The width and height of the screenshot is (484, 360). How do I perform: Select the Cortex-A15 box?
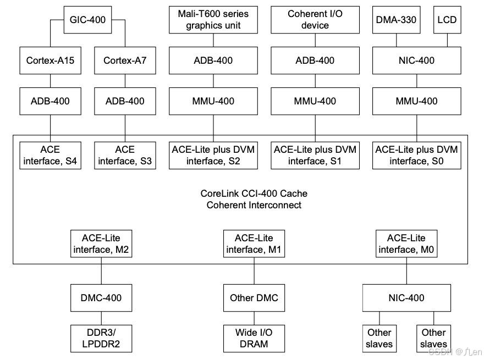coord(50,60)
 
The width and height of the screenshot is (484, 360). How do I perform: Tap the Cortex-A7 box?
coord(124,60)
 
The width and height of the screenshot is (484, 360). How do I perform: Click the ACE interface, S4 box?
coord(50,155)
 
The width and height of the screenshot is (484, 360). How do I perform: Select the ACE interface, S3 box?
coord(124,155)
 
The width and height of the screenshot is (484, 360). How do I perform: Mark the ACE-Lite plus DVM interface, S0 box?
coord(416,155)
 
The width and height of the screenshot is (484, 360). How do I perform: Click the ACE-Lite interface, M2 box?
coord(101,243)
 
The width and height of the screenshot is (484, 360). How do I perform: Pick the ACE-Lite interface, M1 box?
coord(254,243)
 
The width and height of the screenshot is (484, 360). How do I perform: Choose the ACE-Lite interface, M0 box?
coord(406,243)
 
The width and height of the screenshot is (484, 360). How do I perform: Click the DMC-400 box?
coord(101,298)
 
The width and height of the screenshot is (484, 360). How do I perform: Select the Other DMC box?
coord(254,298)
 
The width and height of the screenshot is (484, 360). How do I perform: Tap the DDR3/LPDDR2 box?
coord(101,338)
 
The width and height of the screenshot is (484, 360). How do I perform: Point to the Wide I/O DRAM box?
coord(254,338)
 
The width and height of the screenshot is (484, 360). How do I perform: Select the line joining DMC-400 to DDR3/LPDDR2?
coord(101,318)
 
